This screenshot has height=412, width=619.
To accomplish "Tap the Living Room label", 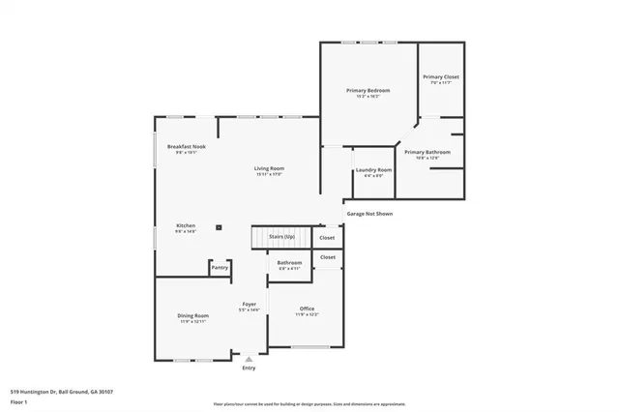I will tap(269, 169).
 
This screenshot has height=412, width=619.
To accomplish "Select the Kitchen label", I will tap(186, 225).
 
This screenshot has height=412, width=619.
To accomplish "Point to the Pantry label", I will tap(221, 268).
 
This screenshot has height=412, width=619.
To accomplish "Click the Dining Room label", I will tap(193, 316).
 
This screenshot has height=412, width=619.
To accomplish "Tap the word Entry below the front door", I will tap(249, 368).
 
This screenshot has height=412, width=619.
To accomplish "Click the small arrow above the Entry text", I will tap(249, 359).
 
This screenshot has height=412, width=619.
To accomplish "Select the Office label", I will tap(307, 309).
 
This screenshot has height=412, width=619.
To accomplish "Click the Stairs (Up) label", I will tap(282, 236).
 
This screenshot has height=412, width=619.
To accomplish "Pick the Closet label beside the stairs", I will tap(328, 237).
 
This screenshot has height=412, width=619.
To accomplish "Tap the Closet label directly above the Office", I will tap(328, 257).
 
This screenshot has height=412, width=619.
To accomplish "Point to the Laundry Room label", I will tap(373, 170).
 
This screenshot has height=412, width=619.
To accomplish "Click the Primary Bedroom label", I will tap(368, 91).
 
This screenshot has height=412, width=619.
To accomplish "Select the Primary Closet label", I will tap(440, 77).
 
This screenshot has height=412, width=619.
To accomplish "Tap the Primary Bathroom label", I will tap(427, 153).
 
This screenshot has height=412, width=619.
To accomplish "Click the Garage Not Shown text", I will tap(369, 214).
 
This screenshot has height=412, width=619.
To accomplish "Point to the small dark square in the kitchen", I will tap(220, 227).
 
